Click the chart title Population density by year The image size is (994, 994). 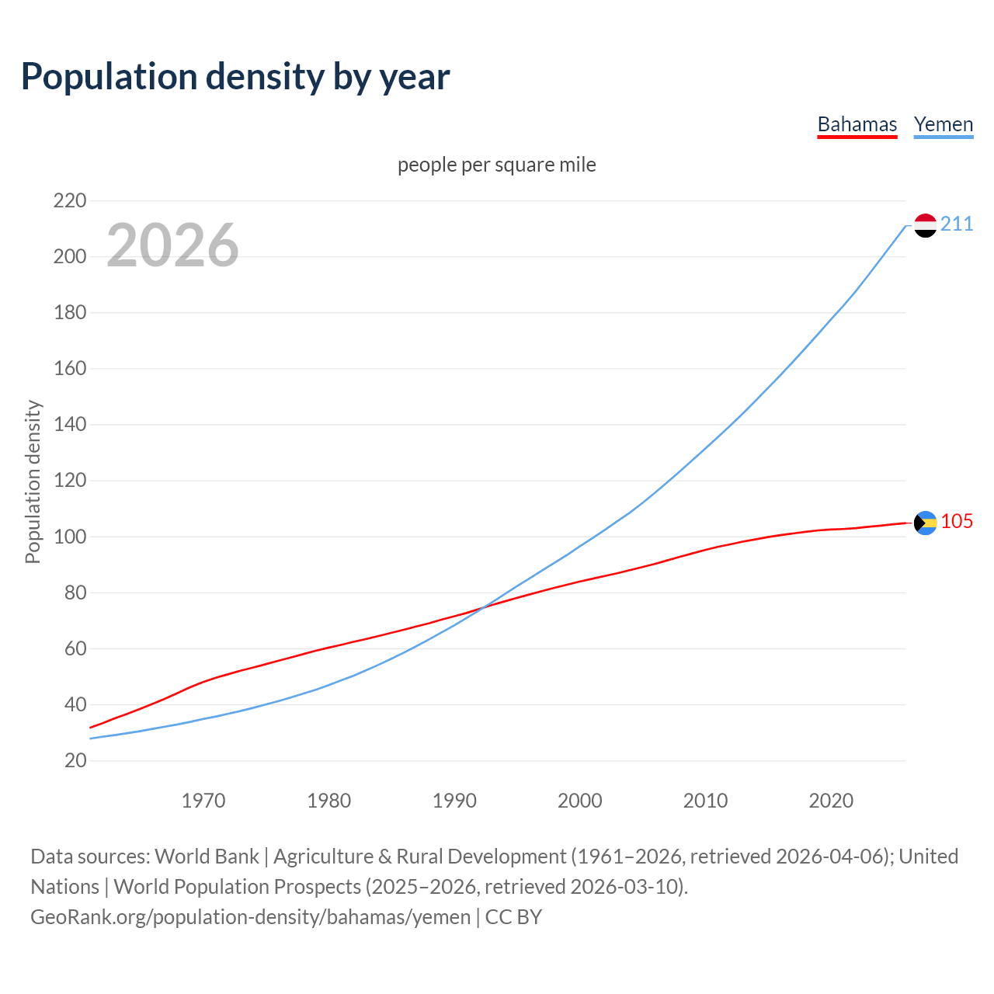235,77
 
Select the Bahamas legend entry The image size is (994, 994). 857,124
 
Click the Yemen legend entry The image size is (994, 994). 943,124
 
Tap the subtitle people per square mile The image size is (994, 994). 496,165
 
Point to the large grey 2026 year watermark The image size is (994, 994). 172,245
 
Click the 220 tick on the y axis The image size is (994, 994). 70,200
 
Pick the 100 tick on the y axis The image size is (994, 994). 70,537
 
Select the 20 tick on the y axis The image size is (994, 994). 75,760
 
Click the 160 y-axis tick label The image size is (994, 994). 70,368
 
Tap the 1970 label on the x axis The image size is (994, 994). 203,801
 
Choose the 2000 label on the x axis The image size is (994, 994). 579,801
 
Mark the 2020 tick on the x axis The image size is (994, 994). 831,801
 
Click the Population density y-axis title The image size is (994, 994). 33,481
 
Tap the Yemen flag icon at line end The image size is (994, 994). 925,225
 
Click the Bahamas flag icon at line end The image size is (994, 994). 925,523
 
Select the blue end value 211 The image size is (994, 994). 957,224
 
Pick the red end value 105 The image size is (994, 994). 957,521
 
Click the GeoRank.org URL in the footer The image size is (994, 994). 250,917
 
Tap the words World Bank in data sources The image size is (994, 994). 207,857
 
